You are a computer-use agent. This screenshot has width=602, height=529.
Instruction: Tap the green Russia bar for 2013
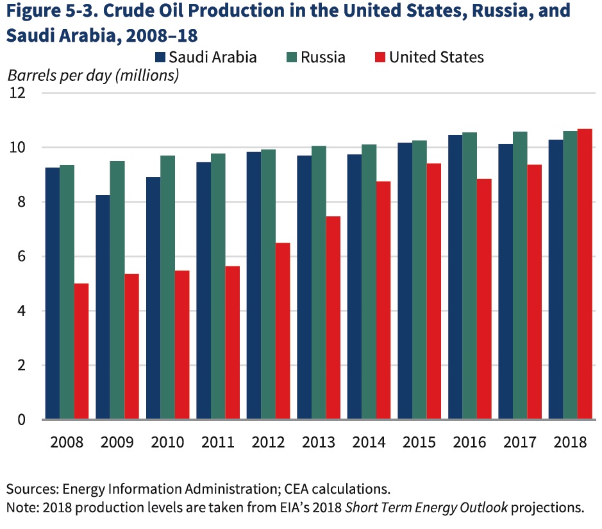pyautogui.click(x=319, y=282)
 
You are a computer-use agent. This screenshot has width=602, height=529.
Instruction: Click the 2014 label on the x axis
pyautogui.click(x=369, y=442)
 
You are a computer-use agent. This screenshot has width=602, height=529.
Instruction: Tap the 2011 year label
pyautogui.click(x=217, y=442)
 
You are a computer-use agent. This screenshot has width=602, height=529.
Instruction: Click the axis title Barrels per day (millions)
pyautogui.click(x=93, y=75)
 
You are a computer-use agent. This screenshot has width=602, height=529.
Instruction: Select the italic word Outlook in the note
pyautogui.click(x=481, y=507)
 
